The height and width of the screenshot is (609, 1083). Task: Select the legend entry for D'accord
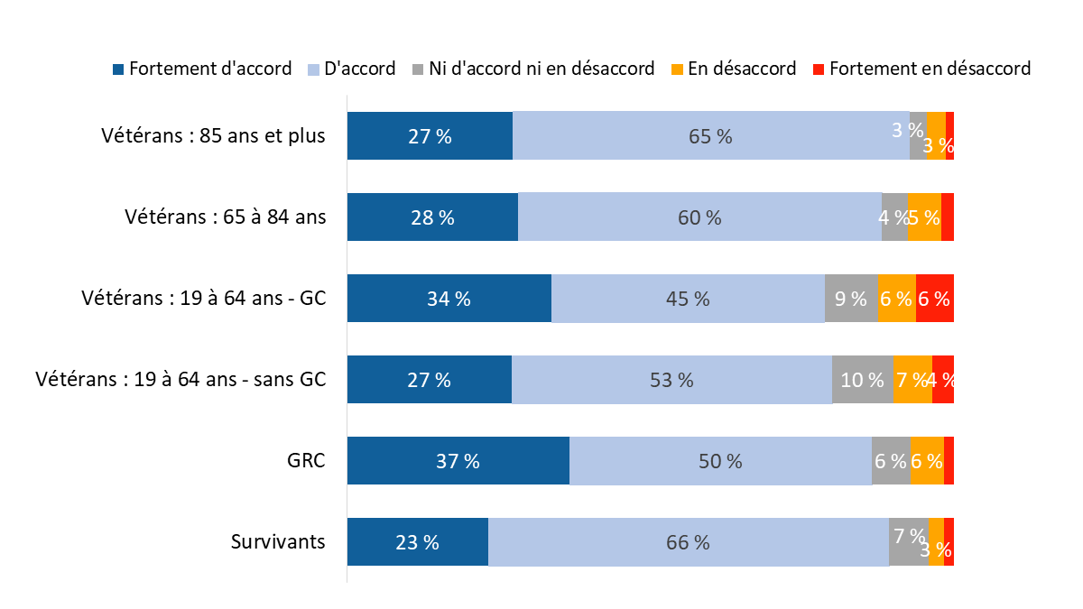pos(353,69)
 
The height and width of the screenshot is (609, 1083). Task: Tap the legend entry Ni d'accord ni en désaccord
pos(533,69)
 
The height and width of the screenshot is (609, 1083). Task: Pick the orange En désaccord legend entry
pos(733,69)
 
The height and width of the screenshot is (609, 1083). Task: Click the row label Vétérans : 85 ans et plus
pos(213,135)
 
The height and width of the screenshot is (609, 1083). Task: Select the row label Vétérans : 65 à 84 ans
pos(225,217)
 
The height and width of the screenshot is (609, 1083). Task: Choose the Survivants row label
pos(278,541)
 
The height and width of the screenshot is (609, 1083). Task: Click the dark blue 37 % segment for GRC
pos(458,461)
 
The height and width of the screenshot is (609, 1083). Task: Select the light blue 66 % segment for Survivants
pos(689,542)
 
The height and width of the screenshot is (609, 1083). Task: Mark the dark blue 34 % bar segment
pos(449,299)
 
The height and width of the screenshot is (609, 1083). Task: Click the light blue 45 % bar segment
pos(688,299)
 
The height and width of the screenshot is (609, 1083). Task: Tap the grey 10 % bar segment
pos(862,380)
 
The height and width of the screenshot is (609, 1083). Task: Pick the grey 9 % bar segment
pos(851,299)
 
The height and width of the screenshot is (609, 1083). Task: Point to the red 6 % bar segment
pos(934,299)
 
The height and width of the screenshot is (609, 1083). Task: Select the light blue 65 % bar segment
pos(711,136)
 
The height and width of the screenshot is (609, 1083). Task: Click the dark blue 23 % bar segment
pos(418,542)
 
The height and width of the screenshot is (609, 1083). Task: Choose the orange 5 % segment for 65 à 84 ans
pos(924,217)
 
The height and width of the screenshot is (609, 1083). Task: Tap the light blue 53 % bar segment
pos(671,380)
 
